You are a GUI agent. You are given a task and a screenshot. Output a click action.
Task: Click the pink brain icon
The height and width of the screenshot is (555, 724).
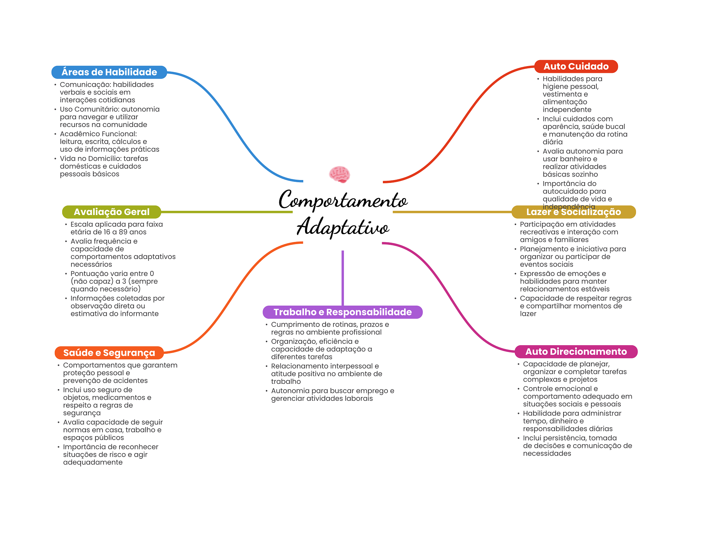pos(339,174)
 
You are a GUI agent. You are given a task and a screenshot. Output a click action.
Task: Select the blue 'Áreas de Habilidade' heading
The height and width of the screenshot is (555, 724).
pos(109,72)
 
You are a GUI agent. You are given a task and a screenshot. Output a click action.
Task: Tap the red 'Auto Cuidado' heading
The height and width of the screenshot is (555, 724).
pos(576,67)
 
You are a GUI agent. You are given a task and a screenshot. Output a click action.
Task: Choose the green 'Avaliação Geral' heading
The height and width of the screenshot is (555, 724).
pos(112,212)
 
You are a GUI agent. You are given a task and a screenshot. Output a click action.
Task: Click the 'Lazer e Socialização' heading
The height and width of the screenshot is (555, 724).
pos(573,212)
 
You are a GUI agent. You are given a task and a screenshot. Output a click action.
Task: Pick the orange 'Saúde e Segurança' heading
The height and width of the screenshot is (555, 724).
pos(109,353)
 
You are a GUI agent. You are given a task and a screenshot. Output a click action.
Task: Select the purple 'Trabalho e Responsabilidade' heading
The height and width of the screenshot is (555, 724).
pos(343,312)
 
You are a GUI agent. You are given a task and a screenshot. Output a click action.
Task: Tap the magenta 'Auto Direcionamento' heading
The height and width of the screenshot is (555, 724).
pos(576,352)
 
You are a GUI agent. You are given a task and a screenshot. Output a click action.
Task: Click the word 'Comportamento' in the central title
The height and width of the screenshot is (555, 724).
pos(343,200)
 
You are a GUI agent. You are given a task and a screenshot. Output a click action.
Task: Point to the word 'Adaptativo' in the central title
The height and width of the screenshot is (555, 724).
pos(343,227)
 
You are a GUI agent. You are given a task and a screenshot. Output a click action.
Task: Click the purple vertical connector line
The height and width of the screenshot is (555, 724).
pos(343,278)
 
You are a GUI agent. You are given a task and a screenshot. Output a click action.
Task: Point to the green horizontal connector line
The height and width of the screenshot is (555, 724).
pos(227,212)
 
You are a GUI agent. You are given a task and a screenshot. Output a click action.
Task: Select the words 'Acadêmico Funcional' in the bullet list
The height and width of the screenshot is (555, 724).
pos(98,134)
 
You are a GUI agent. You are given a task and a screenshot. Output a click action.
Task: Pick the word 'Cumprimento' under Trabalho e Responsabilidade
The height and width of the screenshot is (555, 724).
pos(292,325)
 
